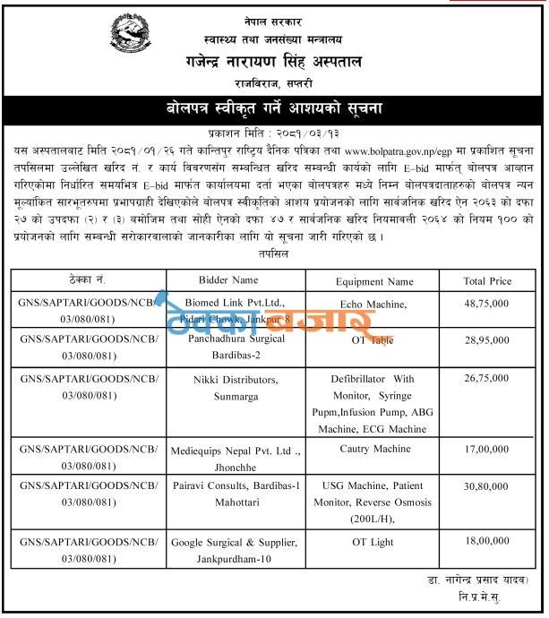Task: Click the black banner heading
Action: (275, 109)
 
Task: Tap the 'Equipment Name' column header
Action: (373, 280)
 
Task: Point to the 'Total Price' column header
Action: (487, 280)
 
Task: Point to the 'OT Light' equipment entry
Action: (373, 543)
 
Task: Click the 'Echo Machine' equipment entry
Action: (373, 305)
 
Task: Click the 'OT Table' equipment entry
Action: (373, 342)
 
